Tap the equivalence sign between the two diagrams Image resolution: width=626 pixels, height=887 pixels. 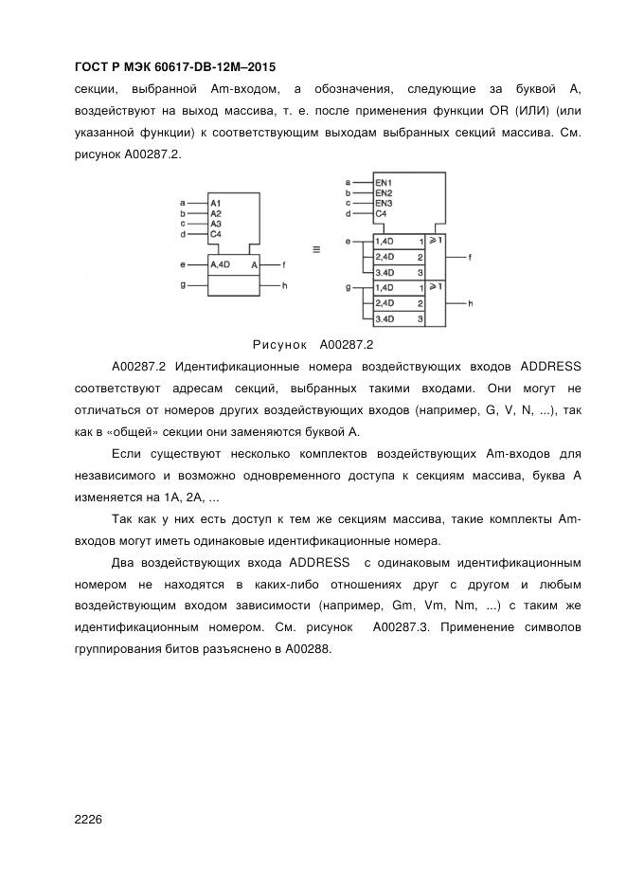click(x=315, y=250)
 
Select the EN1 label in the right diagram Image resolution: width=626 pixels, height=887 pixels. click(x=384, y=182)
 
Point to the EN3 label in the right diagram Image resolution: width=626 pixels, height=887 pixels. click(x=384, y=204)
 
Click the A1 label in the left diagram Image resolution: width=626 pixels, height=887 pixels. click(x=216, y=203)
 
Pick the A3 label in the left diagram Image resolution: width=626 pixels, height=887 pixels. click(x=216, y=224)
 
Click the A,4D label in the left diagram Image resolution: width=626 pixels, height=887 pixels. click(x=220, y=264)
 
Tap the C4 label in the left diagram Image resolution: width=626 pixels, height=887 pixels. click(x=216, y=234)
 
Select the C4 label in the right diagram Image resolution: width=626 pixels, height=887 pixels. click(x=381, y=215)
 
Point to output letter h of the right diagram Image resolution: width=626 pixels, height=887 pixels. click(x=471, y=303)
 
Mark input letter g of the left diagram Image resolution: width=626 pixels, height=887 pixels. click(x=182, y=284)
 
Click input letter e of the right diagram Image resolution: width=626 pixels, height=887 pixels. click(x=348, y=242)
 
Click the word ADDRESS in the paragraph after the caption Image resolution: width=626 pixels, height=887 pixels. click(x=548, y=367)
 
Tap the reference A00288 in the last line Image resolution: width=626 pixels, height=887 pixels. click(x=304, y=650)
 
